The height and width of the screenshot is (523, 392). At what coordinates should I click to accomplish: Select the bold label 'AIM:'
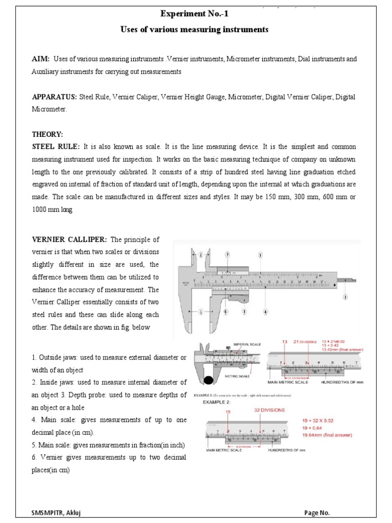coord(40,59)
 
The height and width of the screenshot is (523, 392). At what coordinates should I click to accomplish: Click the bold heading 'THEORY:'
coord(47,134)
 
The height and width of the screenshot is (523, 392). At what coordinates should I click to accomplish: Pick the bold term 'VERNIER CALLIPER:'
coord(69,240)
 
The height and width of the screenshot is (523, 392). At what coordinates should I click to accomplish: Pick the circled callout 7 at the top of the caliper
coord(227,254)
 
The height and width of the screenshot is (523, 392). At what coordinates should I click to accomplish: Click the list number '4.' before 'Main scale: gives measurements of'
coord(34,420)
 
